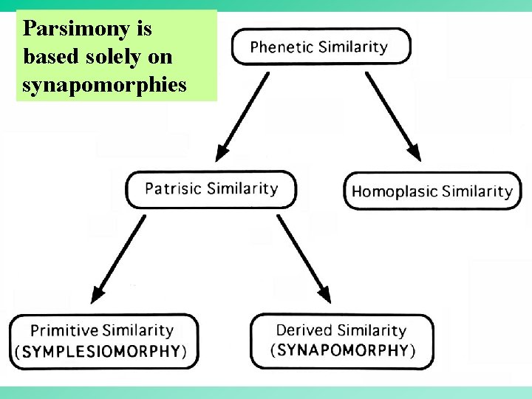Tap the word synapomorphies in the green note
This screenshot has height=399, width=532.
(104, 85)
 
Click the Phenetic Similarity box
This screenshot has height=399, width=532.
(320, 47)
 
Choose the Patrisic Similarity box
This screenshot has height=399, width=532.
(211, 189)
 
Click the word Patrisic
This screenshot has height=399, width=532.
(174, 188)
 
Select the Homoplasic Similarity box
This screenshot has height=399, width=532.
(432, 191)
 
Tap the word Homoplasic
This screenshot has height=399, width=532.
(395, 191)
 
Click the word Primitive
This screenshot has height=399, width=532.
(64, 330)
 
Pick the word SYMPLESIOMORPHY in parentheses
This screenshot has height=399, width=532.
(101, 350)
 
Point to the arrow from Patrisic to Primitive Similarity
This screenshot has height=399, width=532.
(117, 259)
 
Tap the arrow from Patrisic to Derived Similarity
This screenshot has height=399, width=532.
(304, 259)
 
